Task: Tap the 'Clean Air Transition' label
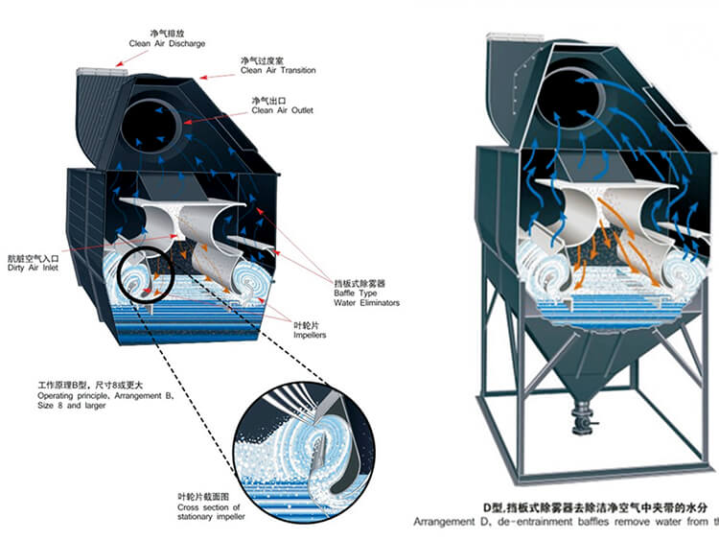click(x=277, y=70)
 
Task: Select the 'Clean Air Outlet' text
click(x=279, y=110)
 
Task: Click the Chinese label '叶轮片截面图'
click(x=203, y=496)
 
